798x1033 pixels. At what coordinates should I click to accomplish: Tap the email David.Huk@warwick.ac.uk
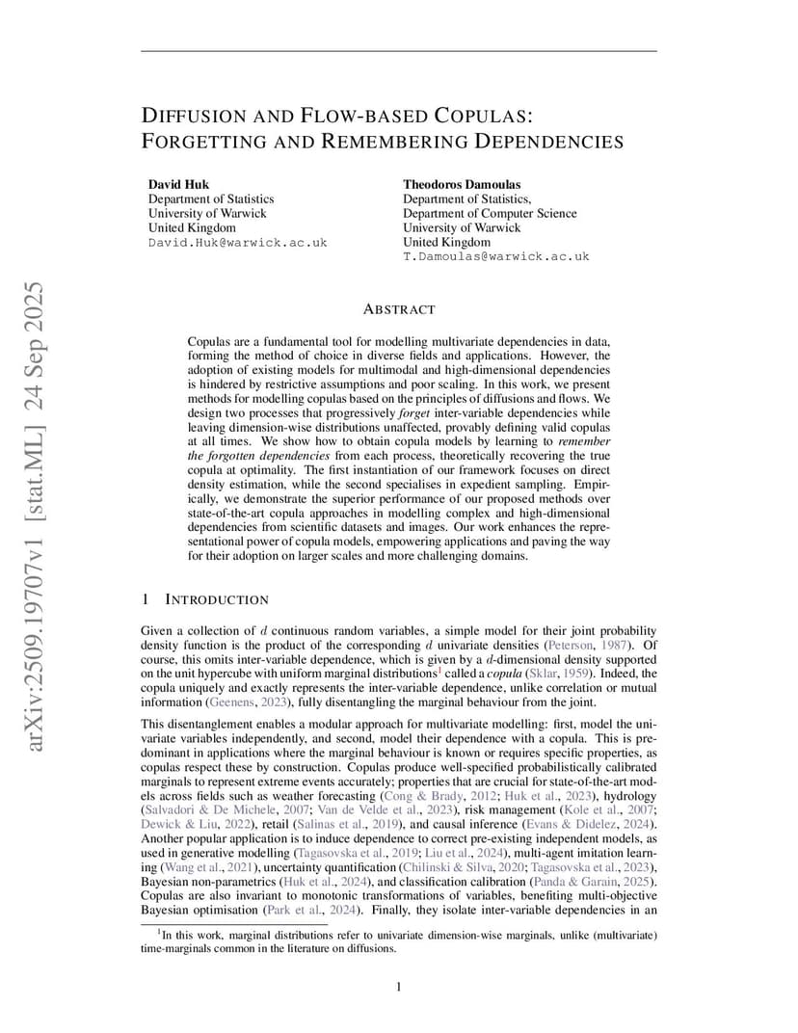click(237, 243)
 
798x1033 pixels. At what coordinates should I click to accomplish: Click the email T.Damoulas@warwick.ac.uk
click(495, 257)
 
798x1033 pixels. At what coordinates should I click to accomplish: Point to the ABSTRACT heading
click(398, 309)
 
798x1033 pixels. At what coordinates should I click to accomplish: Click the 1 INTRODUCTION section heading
click(204, 599)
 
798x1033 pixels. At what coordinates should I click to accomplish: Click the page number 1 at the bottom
click(398, 986)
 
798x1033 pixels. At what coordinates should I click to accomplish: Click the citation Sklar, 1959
click(557, 674)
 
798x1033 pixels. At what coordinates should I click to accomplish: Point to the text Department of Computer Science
click(490, 214)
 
